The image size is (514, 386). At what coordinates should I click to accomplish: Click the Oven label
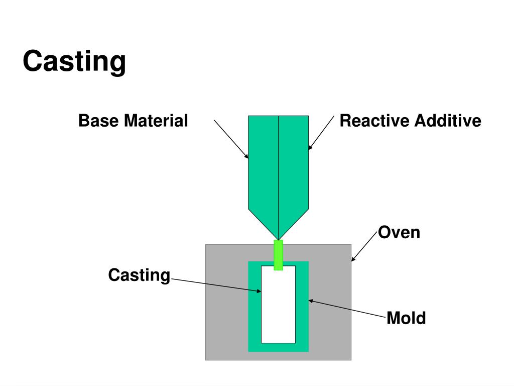point(399,233)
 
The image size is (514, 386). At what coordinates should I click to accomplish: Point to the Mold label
point(406,318)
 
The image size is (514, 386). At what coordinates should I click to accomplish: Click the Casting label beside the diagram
point(140,275)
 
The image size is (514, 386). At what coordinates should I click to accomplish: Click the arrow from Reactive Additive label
point(321,133)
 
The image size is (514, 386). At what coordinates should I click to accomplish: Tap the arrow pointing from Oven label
point(364,246)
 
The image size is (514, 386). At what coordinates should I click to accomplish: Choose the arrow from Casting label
point(216,285)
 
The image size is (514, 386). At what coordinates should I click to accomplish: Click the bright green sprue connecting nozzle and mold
point(278,255)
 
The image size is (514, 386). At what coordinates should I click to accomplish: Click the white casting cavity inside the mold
point(278,305)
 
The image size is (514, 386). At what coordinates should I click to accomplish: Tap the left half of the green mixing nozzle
point(263,166)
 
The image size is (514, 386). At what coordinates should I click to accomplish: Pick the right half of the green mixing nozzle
point(293,166)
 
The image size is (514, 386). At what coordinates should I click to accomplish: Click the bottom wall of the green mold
point(278,347)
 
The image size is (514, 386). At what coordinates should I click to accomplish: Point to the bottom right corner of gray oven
point(349,358)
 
